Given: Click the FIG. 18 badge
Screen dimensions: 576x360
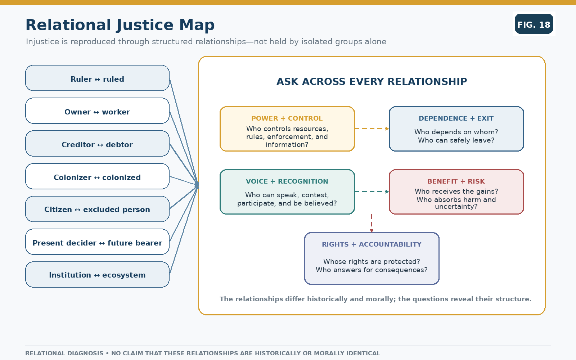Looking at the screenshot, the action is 534,24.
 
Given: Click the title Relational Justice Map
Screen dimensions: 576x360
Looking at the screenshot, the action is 120,25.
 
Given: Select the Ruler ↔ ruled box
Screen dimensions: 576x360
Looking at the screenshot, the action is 97,78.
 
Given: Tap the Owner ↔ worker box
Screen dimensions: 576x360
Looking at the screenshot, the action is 97,111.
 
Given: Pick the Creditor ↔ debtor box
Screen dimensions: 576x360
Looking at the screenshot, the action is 97,144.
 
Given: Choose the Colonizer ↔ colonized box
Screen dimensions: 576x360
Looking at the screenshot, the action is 97,176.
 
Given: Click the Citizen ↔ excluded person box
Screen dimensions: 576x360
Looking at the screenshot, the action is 97,209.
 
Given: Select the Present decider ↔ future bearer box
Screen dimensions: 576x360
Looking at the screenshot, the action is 97,242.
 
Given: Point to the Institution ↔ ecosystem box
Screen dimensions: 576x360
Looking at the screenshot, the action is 97,275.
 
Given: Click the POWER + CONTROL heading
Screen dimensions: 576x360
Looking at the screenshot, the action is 287,118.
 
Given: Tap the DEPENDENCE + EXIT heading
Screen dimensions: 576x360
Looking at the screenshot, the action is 456,118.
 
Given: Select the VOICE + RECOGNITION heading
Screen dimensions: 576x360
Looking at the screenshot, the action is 287,181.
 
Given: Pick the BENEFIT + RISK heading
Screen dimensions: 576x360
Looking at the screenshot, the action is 456,181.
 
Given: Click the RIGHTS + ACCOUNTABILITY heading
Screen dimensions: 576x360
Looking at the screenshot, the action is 372,244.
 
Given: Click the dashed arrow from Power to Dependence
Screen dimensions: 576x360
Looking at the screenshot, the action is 372,129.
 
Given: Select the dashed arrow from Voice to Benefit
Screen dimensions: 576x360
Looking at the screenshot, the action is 372,192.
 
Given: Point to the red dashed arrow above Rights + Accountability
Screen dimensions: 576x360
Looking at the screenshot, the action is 372,224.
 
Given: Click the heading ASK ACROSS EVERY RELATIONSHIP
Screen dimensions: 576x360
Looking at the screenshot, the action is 372,81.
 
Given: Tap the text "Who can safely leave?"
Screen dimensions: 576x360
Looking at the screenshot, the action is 456,140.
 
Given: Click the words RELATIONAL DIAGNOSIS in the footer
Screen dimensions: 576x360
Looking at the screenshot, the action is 64,353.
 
